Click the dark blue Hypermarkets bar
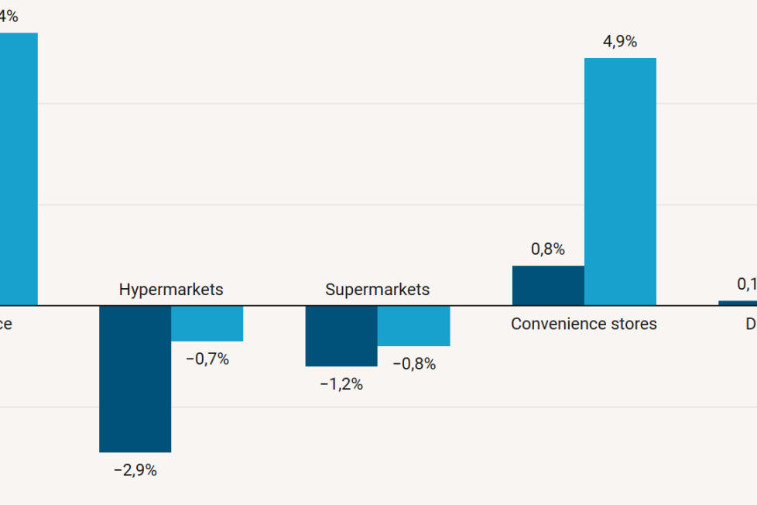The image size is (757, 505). click(135, 379)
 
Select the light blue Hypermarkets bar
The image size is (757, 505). click(207, 324)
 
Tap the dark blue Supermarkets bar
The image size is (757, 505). click(341, 336)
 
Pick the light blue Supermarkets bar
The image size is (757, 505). click(413, 326)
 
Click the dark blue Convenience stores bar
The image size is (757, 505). click(548, 286)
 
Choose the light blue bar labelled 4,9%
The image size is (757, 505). click(620, 182)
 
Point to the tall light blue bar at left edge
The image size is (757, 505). click(18, 169)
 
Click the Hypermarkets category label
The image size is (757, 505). click(171, 290)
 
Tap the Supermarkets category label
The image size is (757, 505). click(377, 290)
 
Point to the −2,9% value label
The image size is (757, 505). click(135, 470)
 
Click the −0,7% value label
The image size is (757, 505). click(207, 359)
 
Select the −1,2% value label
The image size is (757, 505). click(341, 384)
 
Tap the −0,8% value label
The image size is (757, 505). click(413, 364)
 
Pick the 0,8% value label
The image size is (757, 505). click(548, 249)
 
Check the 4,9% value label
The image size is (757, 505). click(620, 42)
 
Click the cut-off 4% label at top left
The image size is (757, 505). click(9, 16)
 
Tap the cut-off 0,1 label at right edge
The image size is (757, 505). click(746, 283)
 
